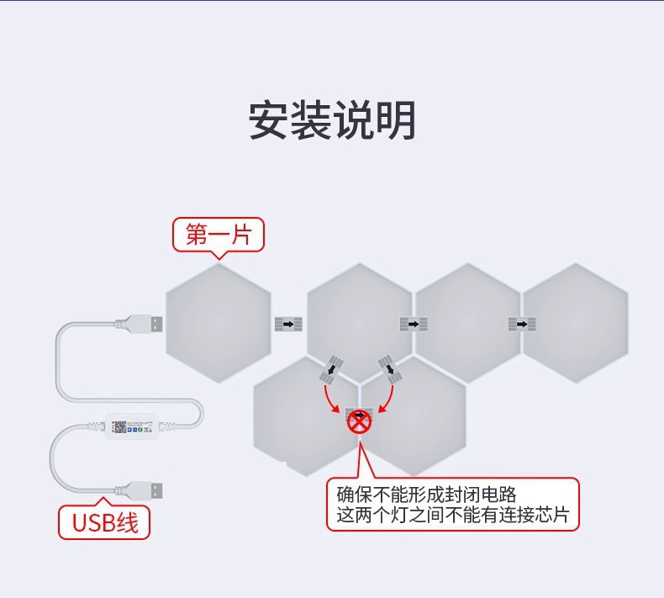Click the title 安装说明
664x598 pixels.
[x=332, y=121]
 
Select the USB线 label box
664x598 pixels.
[x=104, y=521]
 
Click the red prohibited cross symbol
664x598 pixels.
[x=359, y=421]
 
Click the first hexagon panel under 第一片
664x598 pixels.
[x=218, y=323]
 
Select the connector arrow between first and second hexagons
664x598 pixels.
[x=287, y=324]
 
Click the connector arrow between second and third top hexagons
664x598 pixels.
[x=412, y=324]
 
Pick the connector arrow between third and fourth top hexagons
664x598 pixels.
[x=520, y=324]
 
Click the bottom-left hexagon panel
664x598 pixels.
[x=305, y=415]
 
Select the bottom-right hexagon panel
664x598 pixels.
[x=414, y=415]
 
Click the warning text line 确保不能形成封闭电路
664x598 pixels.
[x=414, y=494]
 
